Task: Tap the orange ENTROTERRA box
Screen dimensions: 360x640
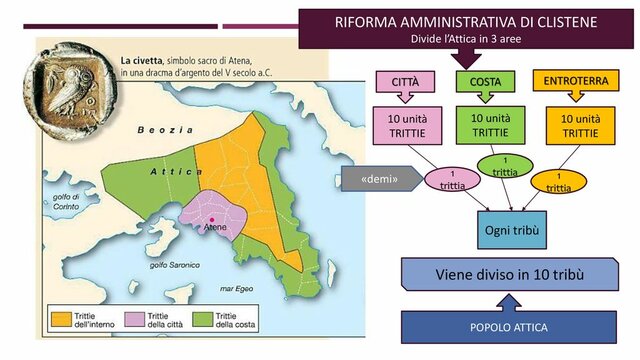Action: pos(567,79)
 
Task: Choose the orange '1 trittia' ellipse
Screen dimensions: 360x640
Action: pos(559,181)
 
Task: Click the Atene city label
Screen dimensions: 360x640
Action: pos(215,228)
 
